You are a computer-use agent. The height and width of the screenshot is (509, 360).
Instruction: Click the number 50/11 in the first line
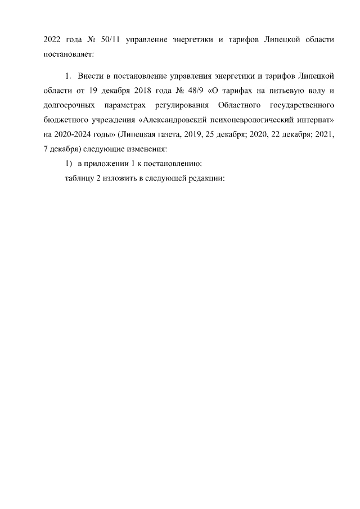coord(107,40)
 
